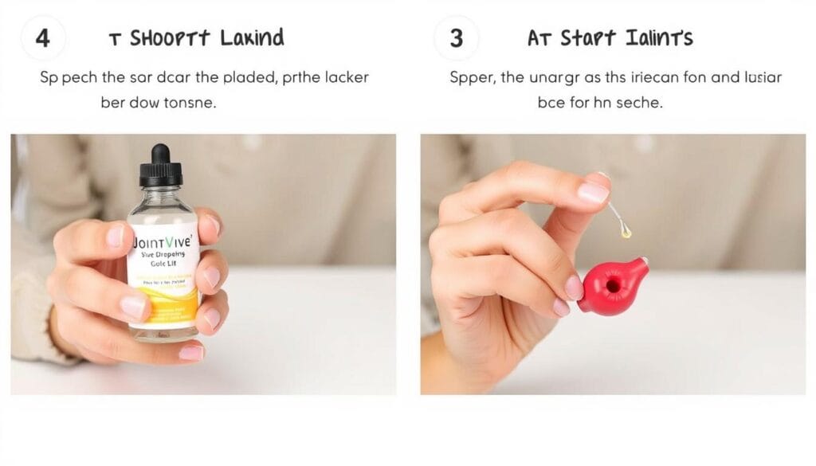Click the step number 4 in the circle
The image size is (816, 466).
(x=43, y=38)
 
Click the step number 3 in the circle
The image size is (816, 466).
(x=457, y=38)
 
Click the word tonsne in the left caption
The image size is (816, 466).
(x=189, y=104)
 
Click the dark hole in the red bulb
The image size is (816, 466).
(x=614, y=285)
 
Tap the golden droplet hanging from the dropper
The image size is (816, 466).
(x=627, y=232)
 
